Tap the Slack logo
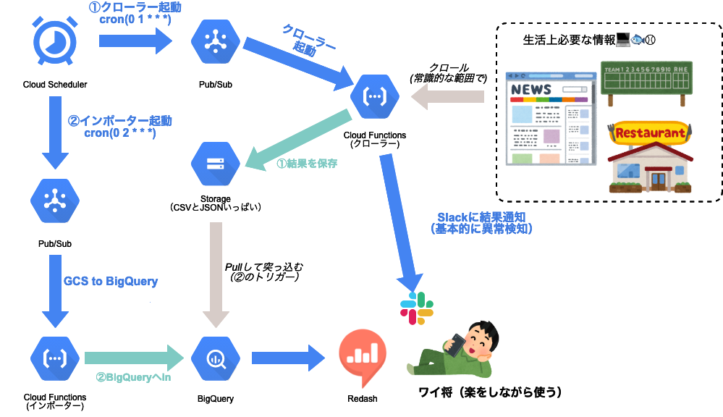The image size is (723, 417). (417, 307)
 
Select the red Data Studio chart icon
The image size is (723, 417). (363, 354)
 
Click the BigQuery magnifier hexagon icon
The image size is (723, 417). (215, 358)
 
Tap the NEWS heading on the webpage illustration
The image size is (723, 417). (532, 90)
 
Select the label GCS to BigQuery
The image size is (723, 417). (111, 281)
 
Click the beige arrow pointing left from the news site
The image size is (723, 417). (447, 96)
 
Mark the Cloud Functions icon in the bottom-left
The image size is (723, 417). (55, 358)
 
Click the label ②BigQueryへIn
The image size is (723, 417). (134, 377)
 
